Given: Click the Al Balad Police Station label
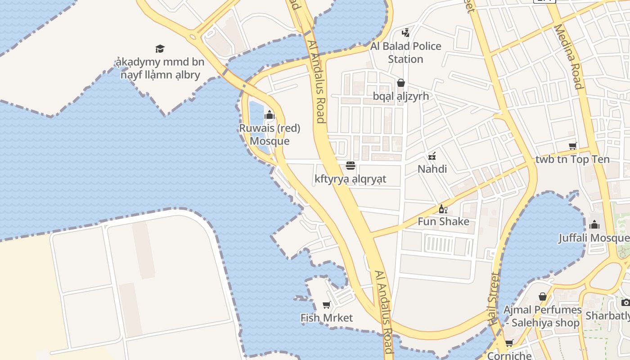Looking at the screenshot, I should click(x=405, y=53).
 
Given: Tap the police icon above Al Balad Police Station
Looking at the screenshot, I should click(x=405, y=32).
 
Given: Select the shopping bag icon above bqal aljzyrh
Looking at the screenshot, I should click(x=400, y=83).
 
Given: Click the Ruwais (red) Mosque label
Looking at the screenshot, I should click(x=270, y=135).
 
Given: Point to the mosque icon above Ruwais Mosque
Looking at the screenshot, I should click(x=270, y=115).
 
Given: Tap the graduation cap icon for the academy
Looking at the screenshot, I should click(x=160, y=49).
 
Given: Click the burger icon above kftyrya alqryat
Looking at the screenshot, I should click(x=351, y=166).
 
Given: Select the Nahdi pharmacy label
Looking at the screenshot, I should click(x=432, y=169).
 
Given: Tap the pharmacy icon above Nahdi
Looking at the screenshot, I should click(x=432, y=156).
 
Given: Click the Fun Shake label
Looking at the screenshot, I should click(x=443, y=221).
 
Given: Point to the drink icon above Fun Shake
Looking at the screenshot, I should click(x=443, y=209).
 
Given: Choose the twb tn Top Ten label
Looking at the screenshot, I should click(x=572, y=159).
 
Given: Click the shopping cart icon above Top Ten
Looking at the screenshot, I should click(x=572, y=146).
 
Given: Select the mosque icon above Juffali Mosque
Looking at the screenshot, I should click(x=594, y=225).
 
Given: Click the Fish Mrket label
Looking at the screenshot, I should click(x=327, y=318).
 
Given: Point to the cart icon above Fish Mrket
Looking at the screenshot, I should click(x=327, y=305).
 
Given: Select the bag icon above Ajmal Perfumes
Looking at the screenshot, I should click(x=543, y=297).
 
